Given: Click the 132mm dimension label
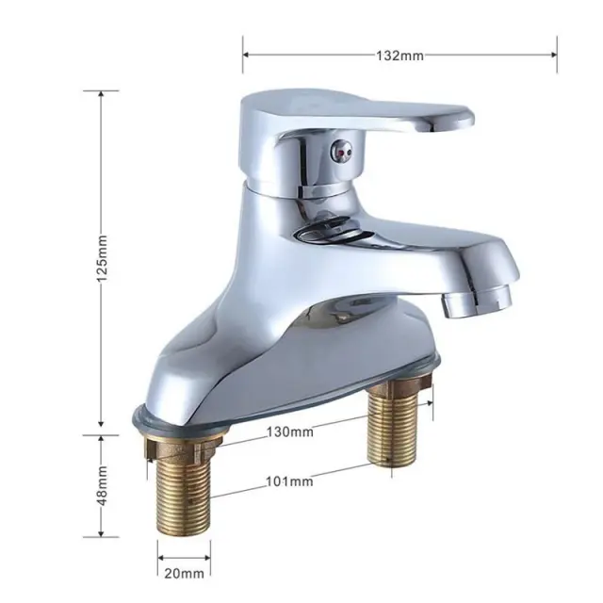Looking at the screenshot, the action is tap(399, 56).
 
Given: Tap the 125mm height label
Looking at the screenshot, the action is tap(102, 258).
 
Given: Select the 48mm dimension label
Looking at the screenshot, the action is tap(102, 486).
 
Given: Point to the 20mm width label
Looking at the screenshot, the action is tap(185, 574).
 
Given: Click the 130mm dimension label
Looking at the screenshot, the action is tap(290, 432).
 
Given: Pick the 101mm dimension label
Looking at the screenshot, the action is tap(289, 481).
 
